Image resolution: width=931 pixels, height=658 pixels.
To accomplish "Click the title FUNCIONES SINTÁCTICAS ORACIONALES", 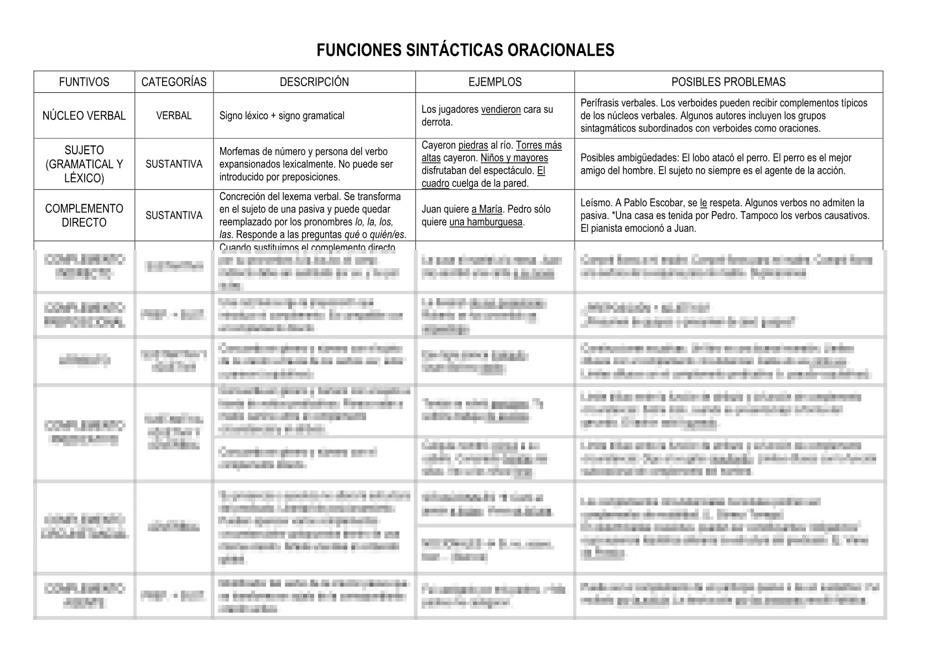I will pos(465,50).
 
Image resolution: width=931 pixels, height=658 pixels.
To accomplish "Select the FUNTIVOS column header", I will pos(84,82).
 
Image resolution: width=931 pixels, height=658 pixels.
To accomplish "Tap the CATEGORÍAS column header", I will pos(174,82).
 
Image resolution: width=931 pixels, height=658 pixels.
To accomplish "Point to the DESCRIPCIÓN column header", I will pos(314,82).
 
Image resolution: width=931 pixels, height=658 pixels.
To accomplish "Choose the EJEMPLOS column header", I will pos(495,82).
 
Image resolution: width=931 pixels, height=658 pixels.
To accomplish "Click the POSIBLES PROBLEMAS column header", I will pos(728,82).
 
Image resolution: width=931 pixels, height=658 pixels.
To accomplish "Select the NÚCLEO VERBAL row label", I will pos(84,116).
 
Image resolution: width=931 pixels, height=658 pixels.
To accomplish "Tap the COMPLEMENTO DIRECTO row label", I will pos(84,216).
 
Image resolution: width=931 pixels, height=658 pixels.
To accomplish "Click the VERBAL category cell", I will pos(174,116).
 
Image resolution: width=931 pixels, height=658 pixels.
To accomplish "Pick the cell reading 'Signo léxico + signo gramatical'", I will pos(282,116).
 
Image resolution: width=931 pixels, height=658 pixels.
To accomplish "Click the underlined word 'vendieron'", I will pos(501,109).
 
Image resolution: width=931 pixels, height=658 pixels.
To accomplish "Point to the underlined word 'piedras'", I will pos(473,145).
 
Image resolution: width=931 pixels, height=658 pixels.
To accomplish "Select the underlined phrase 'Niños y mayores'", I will pos(514,158).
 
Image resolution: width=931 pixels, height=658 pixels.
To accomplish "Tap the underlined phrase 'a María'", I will pos(487,210).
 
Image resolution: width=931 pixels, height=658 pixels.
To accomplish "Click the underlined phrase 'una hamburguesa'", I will pos(486,222).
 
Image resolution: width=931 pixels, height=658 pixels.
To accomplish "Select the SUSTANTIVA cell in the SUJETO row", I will pos(174,164).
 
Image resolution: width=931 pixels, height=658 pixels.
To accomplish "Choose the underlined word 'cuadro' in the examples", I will pos(435,184).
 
